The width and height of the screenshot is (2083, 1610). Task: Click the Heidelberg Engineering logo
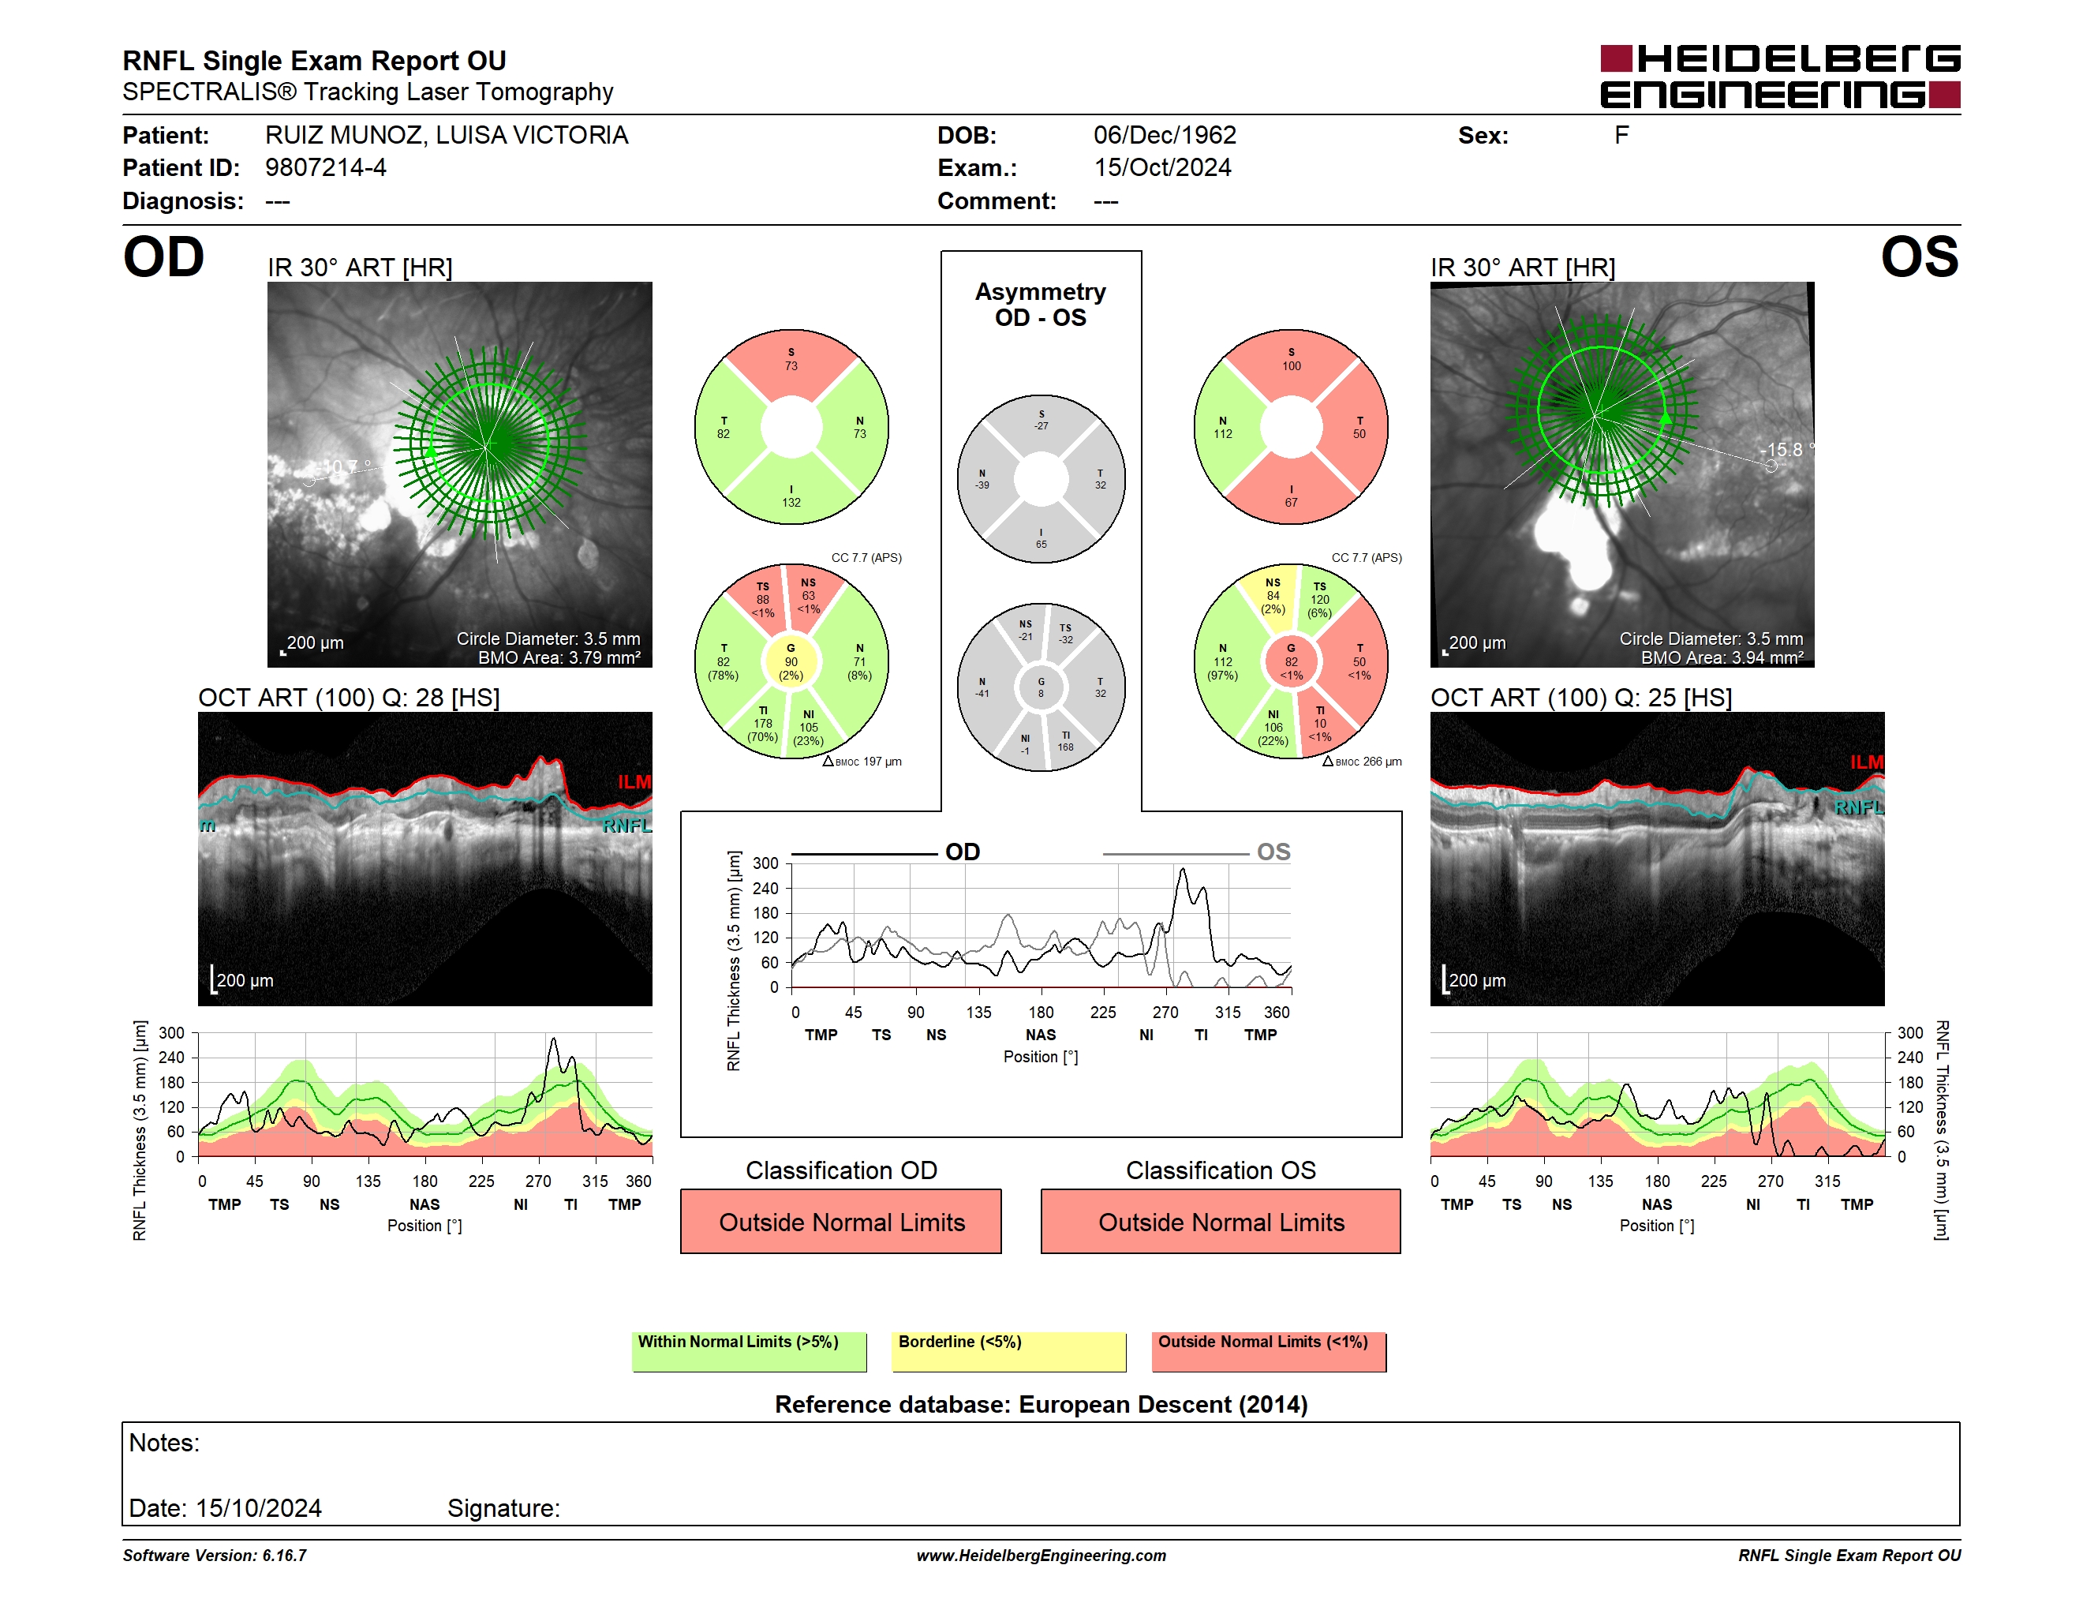1780,77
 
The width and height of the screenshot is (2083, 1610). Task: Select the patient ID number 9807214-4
325,168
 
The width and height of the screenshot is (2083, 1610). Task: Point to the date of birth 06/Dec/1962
1165,136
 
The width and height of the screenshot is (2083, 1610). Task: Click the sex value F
1621,136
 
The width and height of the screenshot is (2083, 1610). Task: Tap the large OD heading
163,257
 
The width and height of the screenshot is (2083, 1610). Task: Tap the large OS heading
1920,257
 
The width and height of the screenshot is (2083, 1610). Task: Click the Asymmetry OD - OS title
1041,305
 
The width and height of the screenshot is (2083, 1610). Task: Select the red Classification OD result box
841,1221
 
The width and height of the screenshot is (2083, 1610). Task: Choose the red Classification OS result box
1221,1221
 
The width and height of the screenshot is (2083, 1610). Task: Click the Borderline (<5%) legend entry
1009,1351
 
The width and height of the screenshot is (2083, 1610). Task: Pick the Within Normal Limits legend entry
749,1351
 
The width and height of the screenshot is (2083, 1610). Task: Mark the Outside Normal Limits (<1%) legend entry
1269,1351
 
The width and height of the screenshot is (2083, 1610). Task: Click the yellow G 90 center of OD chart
791,661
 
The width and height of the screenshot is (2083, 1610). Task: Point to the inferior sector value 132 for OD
791,503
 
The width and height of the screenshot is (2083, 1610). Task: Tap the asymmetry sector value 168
1065,747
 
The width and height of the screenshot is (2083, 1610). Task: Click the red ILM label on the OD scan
634,782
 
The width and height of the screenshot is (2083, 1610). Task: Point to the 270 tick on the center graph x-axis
1165,1012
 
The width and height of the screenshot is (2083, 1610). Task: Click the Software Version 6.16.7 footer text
215,1556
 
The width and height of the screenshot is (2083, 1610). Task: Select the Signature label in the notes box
503,1508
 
